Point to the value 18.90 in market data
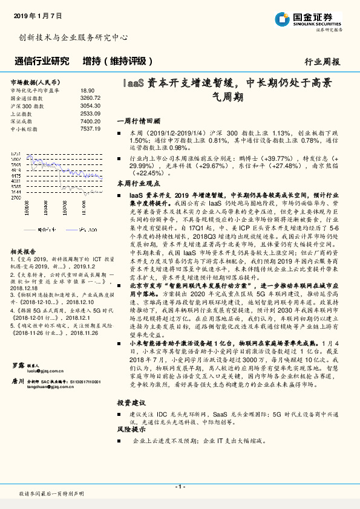[x=87, y=90]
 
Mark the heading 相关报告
[x=24, y=250]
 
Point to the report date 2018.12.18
[x=25, y=289]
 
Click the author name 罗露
[x=18, y=365]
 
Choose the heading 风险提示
[x=131, y=429]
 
